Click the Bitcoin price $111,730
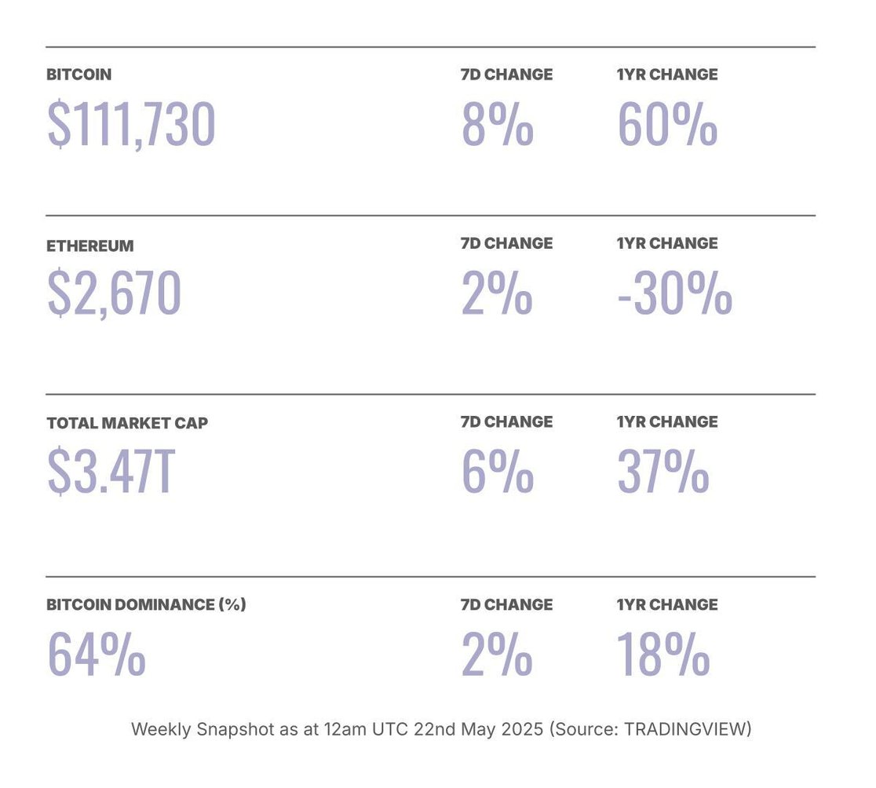click(x=131, y=125)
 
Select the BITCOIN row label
click(x=78, y=75)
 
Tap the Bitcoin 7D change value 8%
click(x=497, y=125)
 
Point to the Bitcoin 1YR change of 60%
click(x=667, y=125)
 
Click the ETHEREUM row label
click(x=90, y=246)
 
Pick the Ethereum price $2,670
click(x=115, y=294)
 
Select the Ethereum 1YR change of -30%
click(x=674, y=294)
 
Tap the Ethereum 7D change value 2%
click(x=497, y=294)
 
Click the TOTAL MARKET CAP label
click(x=127, y=422)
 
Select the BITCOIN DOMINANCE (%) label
click(x=146, y=604)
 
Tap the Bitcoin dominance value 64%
click(x=97, y=655)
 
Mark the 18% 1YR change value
click(x=663, y=655)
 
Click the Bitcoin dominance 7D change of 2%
click(x=497, y=655)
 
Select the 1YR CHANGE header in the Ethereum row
click(x=667, y=243)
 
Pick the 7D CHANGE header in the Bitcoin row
click(x=506, y=75)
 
